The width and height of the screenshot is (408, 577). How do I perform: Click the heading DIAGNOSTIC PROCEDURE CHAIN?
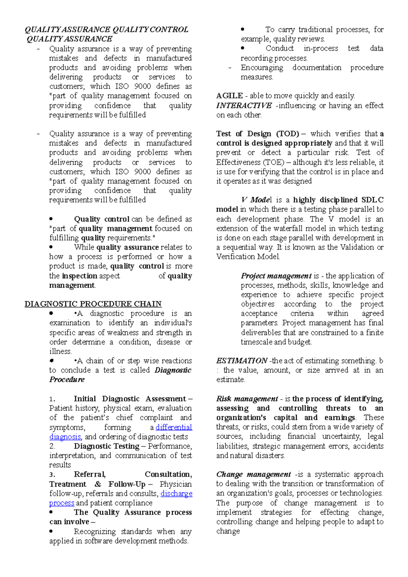tap(93, 304)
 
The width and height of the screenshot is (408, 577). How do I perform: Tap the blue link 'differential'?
tap(174, 427)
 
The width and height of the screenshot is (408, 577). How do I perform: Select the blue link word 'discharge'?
tap(176, 493)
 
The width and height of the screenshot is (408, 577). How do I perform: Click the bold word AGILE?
tap(230, 96)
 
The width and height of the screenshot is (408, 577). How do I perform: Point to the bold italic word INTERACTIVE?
tap(244, 106)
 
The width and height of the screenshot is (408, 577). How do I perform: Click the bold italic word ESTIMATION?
tap(241, 361)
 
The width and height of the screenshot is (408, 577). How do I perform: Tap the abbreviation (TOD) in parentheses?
tap(288, 134)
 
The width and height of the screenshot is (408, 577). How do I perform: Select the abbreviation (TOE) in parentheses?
tap(273, 162)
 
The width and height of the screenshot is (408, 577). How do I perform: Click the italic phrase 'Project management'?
tap(276, 276)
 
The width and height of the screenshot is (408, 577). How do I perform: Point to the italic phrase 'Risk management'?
tap(247, 399)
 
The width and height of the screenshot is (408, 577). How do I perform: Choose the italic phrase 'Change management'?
tap(253, 474)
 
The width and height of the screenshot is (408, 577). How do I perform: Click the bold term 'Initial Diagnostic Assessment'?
tap(130, 399)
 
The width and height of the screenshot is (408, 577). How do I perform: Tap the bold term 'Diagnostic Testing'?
tap(106, 446)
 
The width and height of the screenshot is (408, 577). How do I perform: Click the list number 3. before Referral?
tap(52, 475)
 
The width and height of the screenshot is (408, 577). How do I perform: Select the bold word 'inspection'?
tap(80, 276)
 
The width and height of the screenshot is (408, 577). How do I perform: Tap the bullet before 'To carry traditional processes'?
tap(242, 30)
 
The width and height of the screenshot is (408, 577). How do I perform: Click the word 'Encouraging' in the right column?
tap(262, 68)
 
